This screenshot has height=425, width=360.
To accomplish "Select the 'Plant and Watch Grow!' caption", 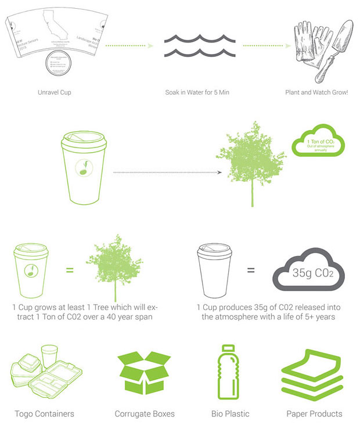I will pos(316,92).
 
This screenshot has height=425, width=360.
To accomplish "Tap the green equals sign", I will pos(69,270).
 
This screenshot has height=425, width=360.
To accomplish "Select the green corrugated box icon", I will pos(145,373).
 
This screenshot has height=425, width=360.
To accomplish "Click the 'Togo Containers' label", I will pos(45,414).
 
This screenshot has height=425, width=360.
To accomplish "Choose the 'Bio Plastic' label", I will pos(231,414).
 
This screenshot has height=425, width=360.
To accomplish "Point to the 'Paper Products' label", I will pos(314,414).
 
